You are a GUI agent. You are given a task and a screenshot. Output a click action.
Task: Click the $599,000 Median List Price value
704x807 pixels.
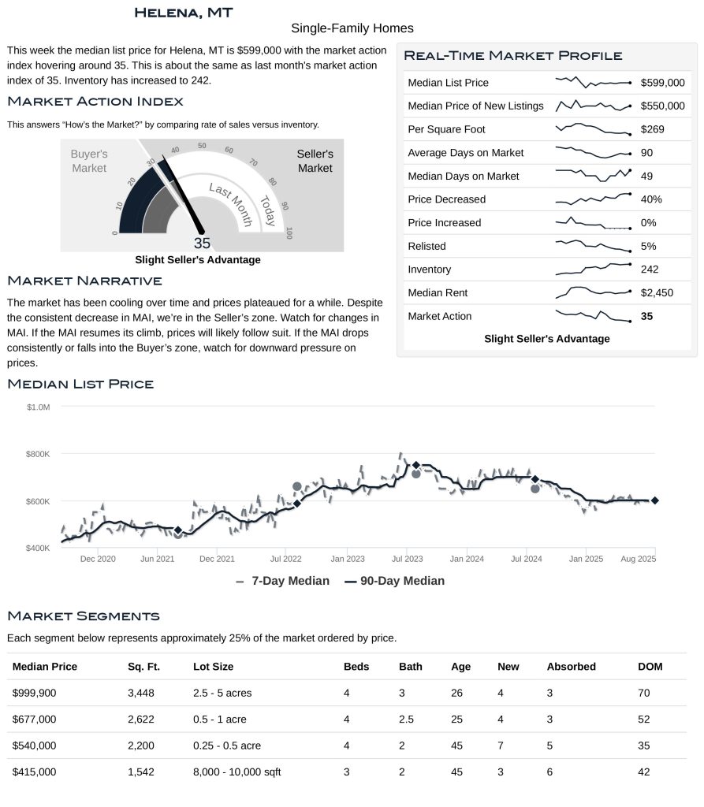pyautogui.click(x=662, y=83)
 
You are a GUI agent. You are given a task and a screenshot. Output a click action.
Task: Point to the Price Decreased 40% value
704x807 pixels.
pyautogui.click(x=651, y=199)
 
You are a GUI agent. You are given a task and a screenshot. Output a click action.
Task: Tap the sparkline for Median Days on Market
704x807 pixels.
pyautogui.click(x=593, y=175)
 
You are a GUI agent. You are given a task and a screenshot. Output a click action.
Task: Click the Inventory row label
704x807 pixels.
pyautogui.click(x=429, y=270)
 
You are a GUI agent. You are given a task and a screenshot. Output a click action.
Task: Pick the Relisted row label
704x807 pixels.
pyautogui.click(x=426, y=247)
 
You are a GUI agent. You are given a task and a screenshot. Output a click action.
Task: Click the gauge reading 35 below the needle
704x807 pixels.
pyautogui.click(x=202, y=244)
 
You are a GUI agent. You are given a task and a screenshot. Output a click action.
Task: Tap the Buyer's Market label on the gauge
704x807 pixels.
pyautogui.click(x=89, y=161)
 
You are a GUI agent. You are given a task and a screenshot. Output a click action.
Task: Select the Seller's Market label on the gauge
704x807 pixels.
pyautogui.click(x=315, y=161)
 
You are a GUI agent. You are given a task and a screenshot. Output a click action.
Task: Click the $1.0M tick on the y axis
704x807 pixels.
pyautogui.click(x=38, y=407)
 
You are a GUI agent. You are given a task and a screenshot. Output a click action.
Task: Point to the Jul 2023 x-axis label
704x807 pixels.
pyautogui.click(x=408, y=559)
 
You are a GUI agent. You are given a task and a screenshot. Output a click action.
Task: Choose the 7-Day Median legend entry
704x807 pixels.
pyautogui.click(x=282, y=581)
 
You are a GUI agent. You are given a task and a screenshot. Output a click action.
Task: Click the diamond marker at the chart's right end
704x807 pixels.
pyautogui.click(x=654, y=500)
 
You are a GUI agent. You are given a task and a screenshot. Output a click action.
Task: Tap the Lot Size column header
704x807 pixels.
pyautogui.click(x=213, y=667)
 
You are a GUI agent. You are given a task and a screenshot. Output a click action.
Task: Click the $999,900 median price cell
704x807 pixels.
pyautogui.click(x=35, y=694)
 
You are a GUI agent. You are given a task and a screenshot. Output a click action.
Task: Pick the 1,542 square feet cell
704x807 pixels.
pyautogui.click(x=143, y=772)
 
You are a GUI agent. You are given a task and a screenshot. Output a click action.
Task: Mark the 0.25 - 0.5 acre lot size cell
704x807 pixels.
pyautogui.click(x=226, y=746)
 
